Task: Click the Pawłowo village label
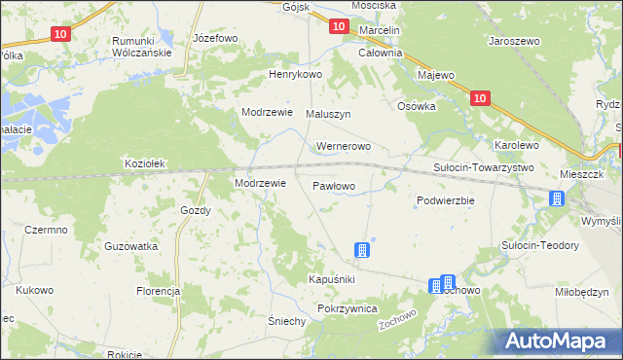tap(334, 185)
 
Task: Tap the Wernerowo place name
tap(344, 147)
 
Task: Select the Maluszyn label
tap(328, 114)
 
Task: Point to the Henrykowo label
tap(296, 75)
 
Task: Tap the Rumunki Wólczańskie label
tap(142, 47)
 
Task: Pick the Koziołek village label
tap(147, 163)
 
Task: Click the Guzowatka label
tap(131, 247)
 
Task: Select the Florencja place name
tap(159, 291)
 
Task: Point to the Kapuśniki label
tap(332, 279)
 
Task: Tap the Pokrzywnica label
tap(348, 307)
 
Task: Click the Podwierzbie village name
tap(445, 200)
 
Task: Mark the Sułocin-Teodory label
tap(539, 245)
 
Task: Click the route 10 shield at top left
tap(60, 33)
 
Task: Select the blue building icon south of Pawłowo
tap(362, 251)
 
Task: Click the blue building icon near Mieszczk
tap(557, 199)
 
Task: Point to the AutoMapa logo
tap(561, 341)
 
